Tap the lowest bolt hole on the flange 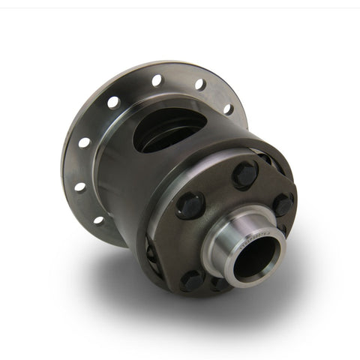(98, 220)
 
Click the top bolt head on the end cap (244, 175)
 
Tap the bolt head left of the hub (190, 205)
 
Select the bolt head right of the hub (283, 204)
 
